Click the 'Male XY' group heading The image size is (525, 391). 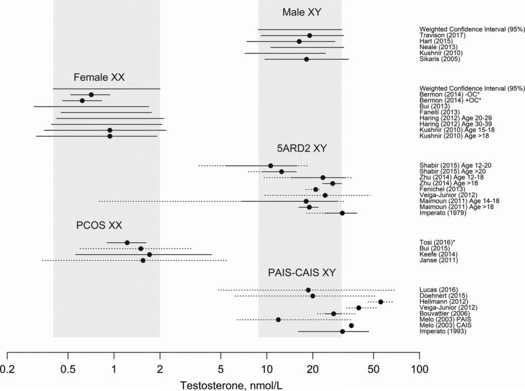pyautogui.click(x=302, y=12)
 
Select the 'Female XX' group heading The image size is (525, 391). pyautogui.click(x=99, y=77)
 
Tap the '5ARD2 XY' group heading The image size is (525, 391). pyautogui.click(x=302, y=149)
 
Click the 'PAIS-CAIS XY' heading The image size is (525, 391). pyautogui.click(x=301, y=273)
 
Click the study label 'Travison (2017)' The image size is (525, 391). pyautogui.click(x=442, y=35)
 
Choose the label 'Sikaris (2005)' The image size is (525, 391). pyautogui.click(x=440, y=59)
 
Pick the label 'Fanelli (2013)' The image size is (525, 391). pyautogui.click(x=439, y=112)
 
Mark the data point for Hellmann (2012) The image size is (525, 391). pyautogui.click(x=380, y=302)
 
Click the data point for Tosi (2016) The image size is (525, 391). pyautogui.click(x=127, y=243)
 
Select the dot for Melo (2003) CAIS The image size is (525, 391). pyautogui.click(x=351, y=325)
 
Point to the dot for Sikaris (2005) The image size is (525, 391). pyautogui.click(x=307, y=59)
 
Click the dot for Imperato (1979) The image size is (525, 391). pyautogui.click(x=342, y=213)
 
